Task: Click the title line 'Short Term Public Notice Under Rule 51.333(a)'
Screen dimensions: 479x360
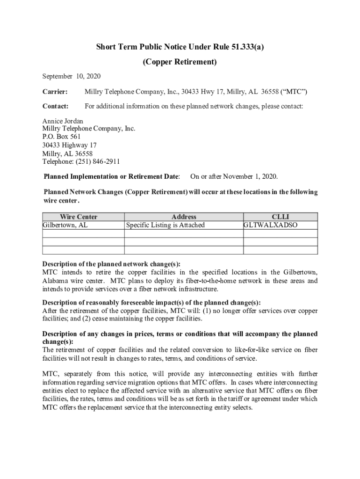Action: point(180,47)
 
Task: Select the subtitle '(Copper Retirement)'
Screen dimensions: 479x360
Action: point(180,62)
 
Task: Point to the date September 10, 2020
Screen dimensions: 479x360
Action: point(72,76)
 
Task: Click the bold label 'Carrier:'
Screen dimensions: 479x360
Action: point(55,91)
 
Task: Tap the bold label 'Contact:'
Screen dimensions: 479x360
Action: point(56,106)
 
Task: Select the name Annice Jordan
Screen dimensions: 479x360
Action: point(63,121)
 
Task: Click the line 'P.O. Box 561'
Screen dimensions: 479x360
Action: point(62,137)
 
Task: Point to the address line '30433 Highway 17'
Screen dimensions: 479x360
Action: point(70,145)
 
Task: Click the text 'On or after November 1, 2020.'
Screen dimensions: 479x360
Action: point(234,176)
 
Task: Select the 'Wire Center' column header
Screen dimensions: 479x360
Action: point(79,217)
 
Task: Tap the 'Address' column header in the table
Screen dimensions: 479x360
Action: point(184,217)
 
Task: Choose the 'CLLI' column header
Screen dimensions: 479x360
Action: point(281,217)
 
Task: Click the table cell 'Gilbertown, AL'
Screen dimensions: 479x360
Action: point(65,225)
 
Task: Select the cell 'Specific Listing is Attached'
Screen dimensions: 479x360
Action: point(166,225)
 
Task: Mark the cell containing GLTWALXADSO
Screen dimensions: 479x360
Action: point(271,225)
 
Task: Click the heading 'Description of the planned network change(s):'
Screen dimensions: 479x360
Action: point(111,264)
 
